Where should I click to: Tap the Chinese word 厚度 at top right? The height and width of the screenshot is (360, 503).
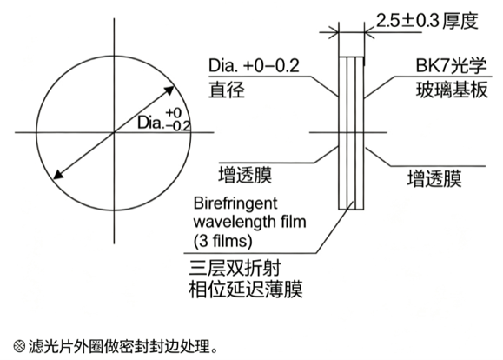460,21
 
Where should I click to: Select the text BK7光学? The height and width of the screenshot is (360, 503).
451,65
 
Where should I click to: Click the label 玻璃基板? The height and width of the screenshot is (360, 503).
452,90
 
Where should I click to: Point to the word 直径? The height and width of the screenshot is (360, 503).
227,90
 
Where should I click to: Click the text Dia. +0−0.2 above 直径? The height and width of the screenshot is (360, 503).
254,65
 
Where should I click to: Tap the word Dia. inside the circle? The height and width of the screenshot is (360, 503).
150,123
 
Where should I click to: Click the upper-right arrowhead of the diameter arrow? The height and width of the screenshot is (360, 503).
169,90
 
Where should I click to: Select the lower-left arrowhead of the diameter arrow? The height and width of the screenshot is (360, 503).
58,174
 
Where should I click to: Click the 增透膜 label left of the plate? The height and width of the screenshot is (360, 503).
245,175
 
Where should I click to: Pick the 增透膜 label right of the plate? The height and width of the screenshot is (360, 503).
434,178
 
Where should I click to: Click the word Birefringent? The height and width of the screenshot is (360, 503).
235,203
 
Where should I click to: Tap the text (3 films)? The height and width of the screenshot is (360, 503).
222,241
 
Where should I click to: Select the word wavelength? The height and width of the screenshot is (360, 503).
230,222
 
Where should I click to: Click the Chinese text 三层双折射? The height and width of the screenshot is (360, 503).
235,268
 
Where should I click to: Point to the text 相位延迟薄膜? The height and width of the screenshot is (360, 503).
246,290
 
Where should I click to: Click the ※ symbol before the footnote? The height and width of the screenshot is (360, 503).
19,346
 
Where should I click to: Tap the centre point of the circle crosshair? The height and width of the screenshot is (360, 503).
114,132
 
